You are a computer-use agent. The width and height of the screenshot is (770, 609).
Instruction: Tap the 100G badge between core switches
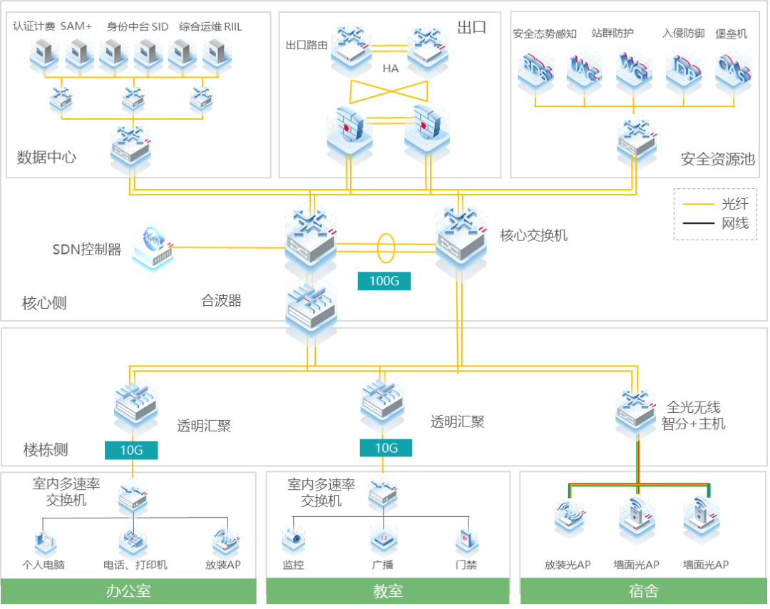(x=384, y=280)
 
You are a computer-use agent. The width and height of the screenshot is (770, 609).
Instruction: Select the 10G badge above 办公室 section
(x=131, y=450)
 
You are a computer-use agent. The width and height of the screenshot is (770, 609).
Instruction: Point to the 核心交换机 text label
(x=533, y=235)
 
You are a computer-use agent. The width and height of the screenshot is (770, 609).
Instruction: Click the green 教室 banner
(x=388, y=591)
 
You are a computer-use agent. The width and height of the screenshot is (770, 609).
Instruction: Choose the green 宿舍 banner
(x=643, y=591)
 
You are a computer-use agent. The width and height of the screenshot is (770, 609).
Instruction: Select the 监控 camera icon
(x=293, y=541)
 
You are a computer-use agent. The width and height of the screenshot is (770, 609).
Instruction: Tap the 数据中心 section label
(x=47, y=157)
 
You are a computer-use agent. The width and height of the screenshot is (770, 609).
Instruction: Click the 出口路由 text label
(x=307, y=45)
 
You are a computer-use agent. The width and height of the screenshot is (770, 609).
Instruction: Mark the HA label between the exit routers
(x=390, y=68)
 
